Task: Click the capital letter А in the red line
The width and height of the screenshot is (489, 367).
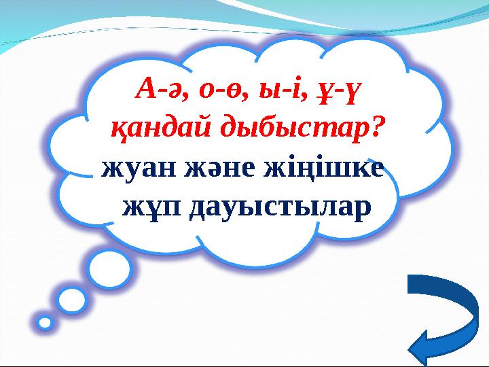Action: pyautogui.click(x=147, y=88)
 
